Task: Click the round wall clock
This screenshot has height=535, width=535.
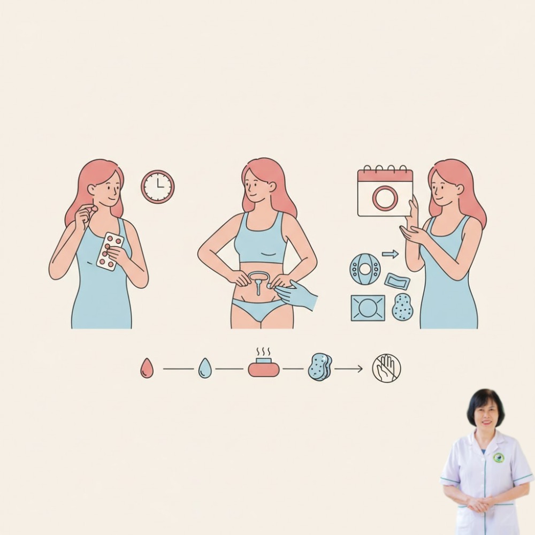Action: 158,187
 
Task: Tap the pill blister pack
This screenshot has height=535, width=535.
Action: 110,251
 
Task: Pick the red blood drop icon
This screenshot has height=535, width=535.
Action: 147,368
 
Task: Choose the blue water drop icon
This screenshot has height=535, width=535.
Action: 205,368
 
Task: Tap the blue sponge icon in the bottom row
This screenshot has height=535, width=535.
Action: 320,367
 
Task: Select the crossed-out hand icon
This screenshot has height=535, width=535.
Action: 386,368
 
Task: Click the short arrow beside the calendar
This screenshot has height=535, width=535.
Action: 390,254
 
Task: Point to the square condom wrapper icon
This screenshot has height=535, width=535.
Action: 368,308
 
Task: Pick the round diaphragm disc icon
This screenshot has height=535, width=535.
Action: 365,269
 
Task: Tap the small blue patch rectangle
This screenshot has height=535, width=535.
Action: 397,281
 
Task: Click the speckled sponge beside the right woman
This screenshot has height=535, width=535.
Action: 402,307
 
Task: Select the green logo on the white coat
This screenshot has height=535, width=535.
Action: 498,457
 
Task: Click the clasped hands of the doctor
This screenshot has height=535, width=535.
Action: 480,503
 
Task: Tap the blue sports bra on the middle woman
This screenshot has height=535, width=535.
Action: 261,240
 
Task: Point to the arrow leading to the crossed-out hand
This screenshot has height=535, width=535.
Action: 348,369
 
